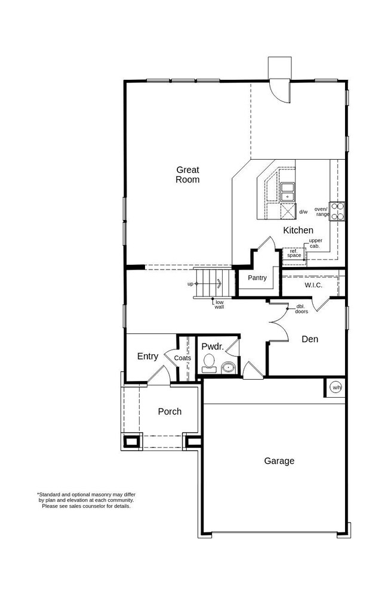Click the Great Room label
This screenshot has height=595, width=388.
tap(187, 175)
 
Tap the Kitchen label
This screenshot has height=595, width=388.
tap(298, 230)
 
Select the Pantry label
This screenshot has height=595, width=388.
tap(257, 278)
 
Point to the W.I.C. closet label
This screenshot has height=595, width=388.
tap(313, 285)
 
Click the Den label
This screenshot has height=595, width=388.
tap(310, 339)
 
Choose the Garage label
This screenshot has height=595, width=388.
tap(279, 461)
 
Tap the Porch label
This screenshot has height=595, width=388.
tap(170, 411)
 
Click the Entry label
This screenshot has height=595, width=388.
tap(147, 357)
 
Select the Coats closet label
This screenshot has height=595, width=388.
tap(183, 358)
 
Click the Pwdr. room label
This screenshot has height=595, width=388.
tap(213, 346)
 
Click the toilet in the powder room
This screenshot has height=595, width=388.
tap(209, 363)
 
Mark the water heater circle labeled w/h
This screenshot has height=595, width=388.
tap(337, 388)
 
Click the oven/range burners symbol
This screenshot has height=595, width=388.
tap(337, 212)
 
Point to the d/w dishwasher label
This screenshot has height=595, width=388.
tap(303, 212)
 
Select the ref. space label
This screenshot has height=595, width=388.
tap(294, 253)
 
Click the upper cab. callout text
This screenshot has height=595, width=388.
tap(315, 243)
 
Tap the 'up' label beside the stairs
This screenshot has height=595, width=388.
tap(190, 284)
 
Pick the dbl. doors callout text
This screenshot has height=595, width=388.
tap(301, 309)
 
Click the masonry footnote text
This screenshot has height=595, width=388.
tap(87, 500)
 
